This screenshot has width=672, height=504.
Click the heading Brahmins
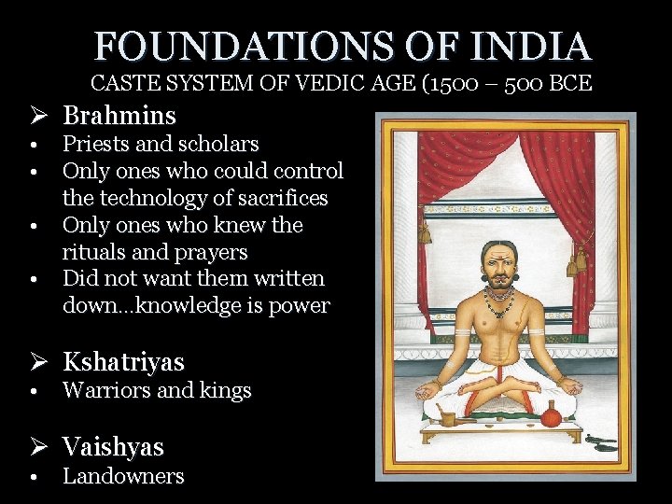[x=119, y=116]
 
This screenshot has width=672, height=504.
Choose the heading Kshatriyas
[x=123, y=362]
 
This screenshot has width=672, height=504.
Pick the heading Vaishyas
[x=113, y=447]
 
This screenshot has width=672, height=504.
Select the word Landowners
[x=123, y=477]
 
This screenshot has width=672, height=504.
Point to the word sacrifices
[x=279, y=199]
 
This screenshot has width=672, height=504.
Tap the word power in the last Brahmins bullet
[x=299, y=306]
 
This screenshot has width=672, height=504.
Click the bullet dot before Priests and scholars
[x=33, y=146]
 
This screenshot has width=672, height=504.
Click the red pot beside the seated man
[x=551, y=414]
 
